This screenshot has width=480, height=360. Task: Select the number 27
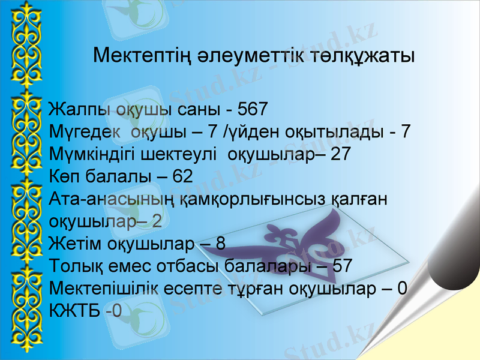340,154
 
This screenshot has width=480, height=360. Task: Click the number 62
182,176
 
